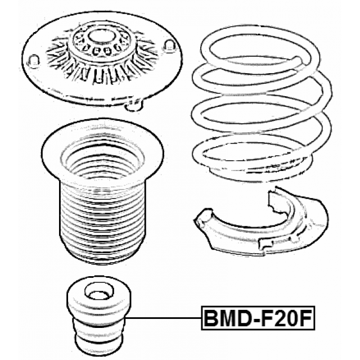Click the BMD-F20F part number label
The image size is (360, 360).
(x=258, y=318)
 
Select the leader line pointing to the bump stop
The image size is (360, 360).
(x=163, y=318)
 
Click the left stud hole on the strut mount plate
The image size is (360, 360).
(x=33, y=60)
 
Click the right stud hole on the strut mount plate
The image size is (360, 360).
(x=171, y=45)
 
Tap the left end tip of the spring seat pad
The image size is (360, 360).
(x=198, y=219)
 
